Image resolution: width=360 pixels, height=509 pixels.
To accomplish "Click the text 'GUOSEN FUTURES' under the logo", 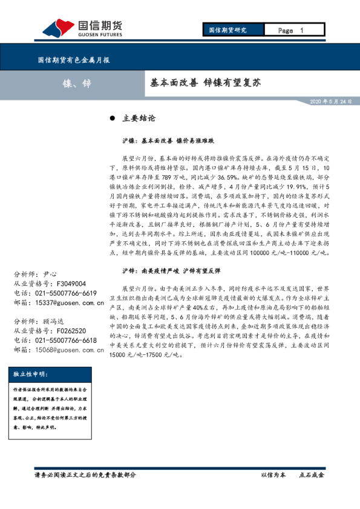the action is (100, 34).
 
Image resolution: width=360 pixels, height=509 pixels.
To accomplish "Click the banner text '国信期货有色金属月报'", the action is (74, 60).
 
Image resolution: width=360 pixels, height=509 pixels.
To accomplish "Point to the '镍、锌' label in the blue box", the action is (76, 83).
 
